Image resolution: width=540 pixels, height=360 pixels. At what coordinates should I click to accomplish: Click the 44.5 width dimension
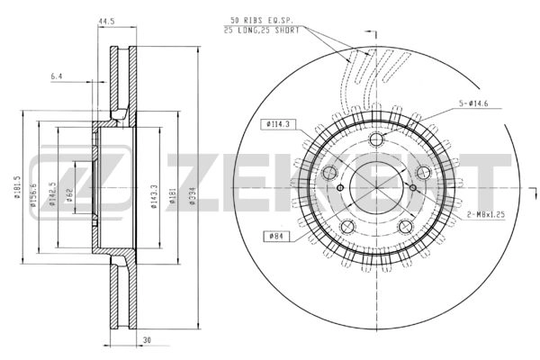coord(111,20)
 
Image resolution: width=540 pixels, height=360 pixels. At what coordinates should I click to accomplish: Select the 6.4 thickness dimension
coord(58,76)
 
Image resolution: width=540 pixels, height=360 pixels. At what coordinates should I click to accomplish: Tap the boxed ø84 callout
coord(275,235)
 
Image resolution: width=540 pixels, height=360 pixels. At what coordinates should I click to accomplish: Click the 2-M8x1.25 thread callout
coord(487,213)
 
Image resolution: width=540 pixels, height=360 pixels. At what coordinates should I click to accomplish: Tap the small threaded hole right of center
coord(411,187)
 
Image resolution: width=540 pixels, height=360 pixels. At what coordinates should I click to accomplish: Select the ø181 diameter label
coord(175,199)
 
